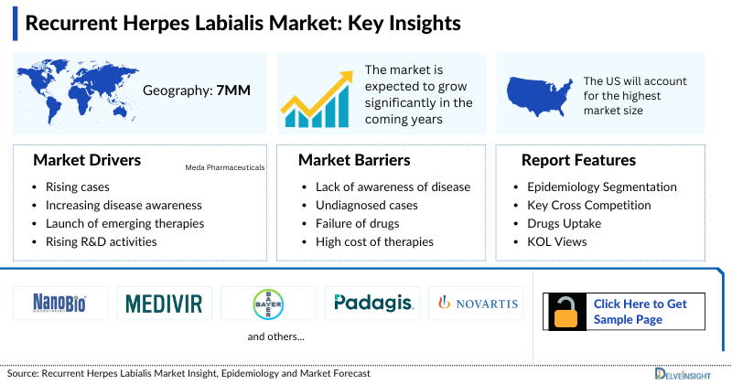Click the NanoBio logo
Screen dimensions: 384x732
point(59,303)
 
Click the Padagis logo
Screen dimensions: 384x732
point(372,303)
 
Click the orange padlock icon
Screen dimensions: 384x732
point(566,311)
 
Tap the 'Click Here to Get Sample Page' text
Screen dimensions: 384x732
point(640,311)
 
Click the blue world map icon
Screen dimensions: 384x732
point(76,90)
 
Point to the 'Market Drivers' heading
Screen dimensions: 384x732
point(87,160)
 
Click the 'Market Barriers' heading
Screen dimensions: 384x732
point(354,160)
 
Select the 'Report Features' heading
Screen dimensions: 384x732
point(578,160)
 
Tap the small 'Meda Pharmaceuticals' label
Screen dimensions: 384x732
point(224,168)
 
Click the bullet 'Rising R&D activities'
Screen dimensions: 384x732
point(101,241)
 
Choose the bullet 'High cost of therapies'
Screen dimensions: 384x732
point(368,241)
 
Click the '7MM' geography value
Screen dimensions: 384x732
point(232,91)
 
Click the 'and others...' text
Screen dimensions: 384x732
point(276,337)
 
